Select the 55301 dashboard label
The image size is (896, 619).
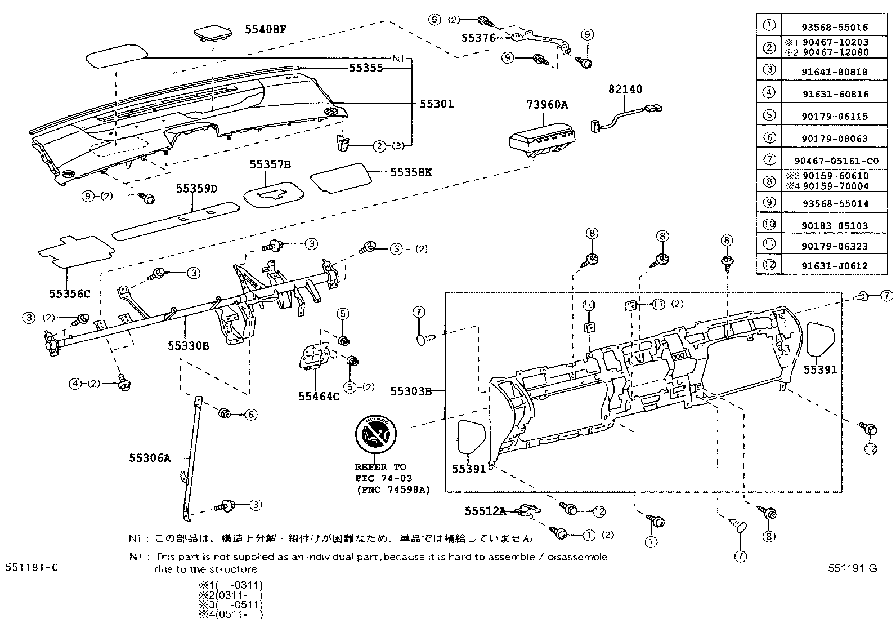point(436,104)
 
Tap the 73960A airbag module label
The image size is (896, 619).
point(547,104)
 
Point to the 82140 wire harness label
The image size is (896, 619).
point(625,89)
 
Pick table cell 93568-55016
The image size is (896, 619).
point(835,27)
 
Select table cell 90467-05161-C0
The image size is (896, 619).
point(835,161)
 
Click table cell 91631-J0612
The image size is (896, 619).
point(835,266)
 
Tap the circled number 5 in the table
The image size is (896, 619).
point(769,115)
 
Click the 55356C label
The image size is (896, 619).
point(69,293)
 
